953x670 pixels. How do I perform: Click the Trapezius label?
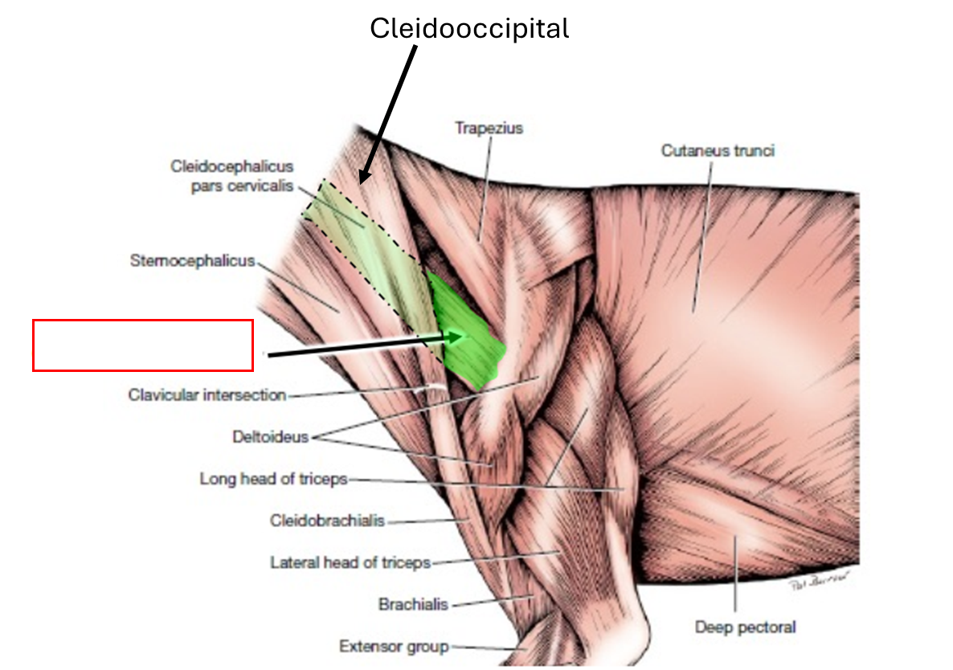488,129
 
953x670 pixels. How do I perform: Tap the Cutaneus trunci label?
718,150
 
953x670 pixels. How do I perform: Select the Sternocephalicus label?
192,261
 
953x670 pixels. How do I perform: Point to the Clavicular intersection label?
207,395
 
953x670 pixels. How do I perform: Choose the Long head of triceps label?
273,479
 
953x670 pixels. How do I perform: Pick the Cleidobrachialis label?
327,521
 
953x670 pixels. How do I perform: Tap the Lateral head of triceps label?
350,562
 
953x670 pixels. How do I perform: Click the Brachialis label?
413,604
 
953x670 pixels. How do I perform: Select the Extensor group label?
393,646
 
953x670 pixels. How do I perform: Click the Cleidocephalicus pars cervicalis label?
231,176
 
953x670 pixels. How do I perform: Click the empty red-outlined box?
143,345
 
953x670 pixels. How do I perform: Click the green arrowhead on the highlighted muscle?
458,337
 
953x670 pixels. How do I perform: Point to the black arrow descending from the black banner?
379,137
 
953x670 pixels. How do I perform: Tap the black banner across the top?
476,47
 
